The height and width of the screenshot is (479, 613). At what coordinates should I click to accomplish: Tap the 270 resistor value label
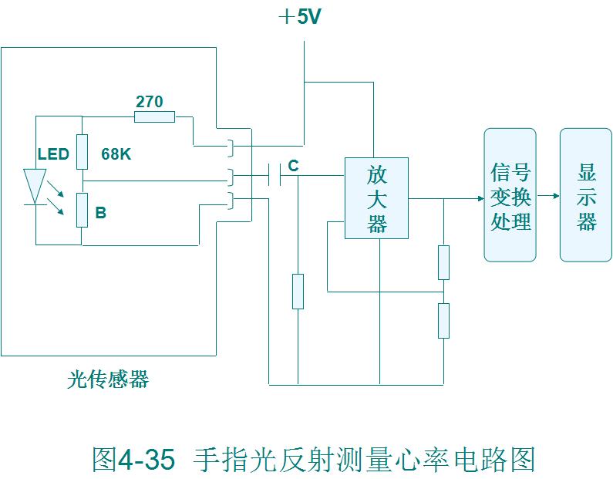pyautogui.click(x=150, y=102)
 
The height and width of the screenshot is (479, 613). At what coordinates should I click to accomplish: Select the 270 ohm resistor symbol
pyautogui.click(x=154, y=117)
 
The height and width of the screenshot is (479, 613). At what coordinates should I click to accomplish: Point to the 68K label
pyautogui.click(x=116, y=154)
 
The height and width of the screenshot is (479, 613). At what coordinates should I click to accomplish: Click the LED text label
pyautogui.click(x=53, y=154)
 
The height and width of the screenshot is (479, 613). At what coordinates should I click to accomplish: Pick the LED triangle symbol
pyautogui.click(x=33, y=186)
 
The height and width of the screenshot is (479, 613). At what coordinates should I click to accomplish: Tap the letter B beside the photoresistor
pyautogui.click(x=100, y=213)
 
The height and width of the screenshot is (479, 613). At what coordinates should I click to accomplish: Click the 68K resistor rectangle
pyautogui.click(x=82, y=151)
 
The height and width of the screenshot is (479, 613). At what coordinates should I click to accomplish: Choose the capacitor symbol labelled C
pyautogui.click(x=274, y=175)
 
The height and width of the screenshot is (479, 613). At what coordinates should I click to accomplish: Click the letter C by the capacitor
pyautogui.click(x=293, y=166)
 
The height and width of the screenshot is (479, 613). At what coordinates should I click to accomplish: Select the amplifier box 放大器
pyautogui.click(x=376, y=198)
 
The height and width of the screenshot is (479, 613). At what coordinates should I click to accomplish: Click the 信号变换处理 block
pyautogui.click(x=510, y=195)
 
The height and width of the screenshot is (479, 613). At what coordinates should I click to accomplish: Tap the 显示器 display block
pyautogui.click(x=586, y=195)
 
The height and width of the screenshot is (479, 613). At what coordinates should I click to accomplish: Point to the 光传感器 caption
pyautogui.click(x=108, y=379)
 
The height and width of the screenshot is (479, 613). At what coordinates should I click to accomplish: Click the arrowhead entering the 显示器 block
pyautogui.click(x=555, y=196)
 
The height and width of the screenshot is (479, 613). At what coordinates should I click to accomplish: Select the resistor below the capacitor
pyautogui.click(x=298, y=291)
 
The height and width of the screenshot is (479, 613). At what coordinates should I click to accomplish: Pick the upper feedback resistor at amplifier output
pyautogui.click(x=443, y=262)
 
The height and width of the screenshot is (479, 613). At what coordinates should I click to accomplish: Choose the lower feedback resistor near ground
pyautogui.click(x=443, y=321)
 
